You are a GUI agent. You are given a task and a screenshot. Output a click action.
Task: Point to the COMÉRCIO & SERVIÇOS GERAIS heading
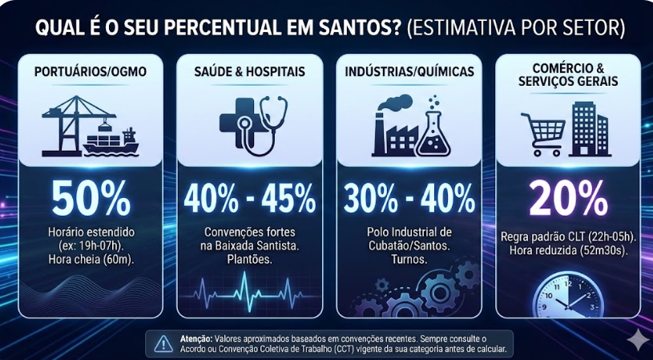coord(568,75)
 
